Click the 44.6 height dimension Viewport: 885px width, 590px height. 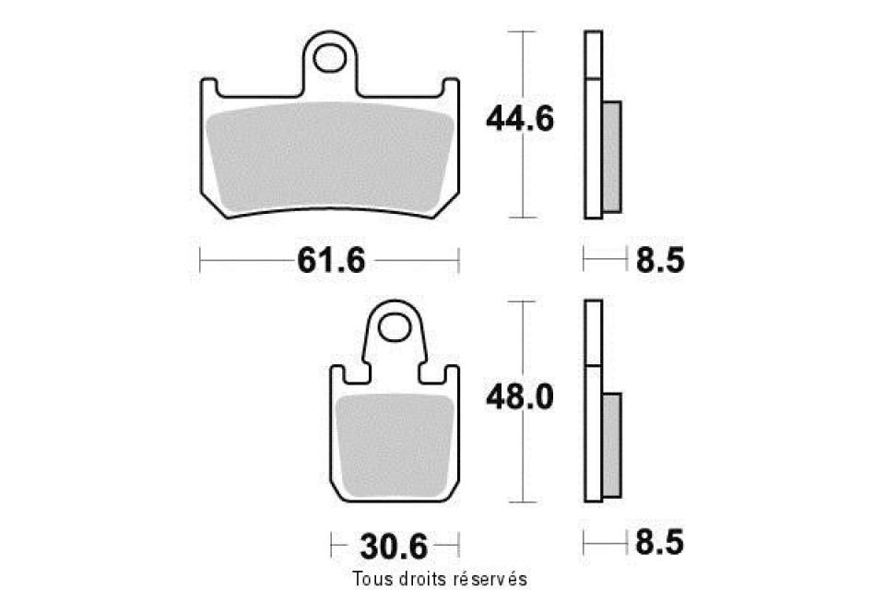[520, 120]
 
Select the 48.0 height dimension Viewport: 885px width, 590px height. [520, 397]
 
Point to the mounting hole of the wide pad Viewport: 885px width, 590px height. [329, 59]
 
